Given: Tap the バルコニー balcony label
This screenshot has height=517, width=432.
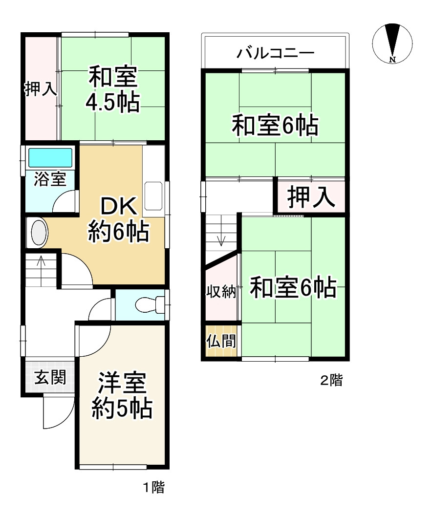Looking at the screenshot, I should pos(275,53).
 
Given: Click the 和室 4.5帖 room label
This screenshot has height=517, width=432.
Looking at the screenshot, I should pos(113,89).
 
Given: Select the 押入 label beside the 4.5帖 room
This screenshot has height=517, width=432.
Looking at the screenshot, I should pos(41,89).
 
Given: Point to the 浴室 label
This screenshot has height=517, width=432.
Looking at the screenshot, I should pos(50,179).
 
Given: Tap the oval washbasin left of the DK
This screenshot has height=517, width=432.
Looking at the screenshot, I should pos(39,233).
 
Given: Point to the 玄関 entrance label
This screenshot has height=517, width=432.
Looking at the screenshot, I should pos(50,377).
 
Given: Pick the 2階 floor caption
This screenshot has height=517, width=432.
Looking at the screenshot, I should pos(331,380).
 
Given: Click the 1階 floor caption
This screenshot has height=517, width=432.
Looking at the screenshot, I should pos(153,487).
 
